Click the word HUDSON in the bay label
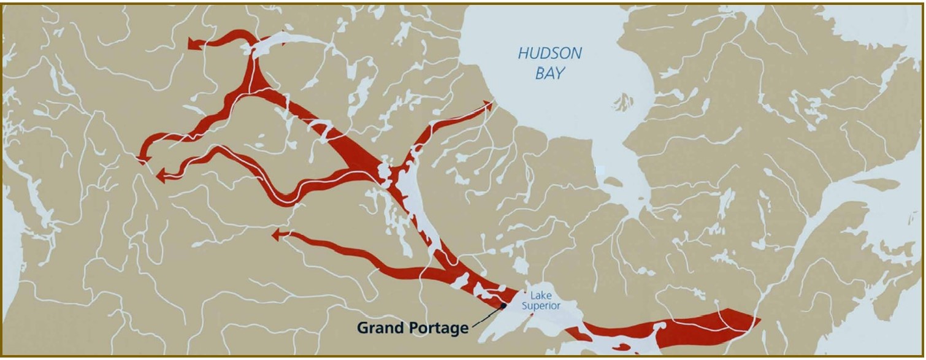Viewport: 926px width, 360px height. pos(549,53)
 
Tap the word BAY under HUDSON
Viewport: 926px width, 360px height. pos(549,74)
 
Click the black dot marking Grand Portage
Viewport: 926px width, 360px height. pos(503,305)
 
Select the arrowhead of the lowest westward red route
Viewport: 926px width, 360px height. pos(277,234)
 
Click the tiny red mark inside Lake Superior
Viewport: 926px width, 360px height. pos(532,315)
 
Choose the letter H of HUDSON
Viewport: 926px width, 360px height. pos(522,53)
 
